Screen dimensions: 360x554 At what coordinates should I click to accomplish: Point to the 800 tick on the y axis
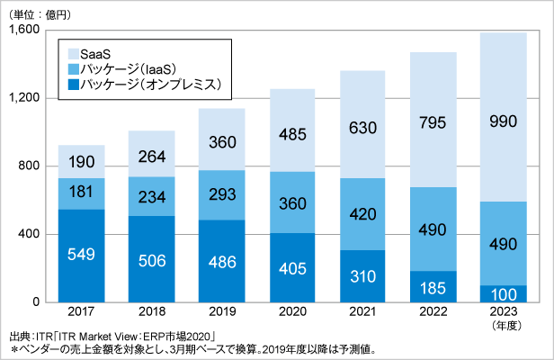30,166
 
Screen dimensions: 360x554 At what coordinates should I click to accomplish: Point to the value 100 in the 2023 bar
503,294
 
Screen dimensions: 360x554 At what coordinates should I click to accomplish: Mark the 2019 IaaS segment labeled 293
222,194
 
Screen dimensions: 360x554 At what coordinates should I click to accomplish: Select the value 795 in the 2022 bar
433,119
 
